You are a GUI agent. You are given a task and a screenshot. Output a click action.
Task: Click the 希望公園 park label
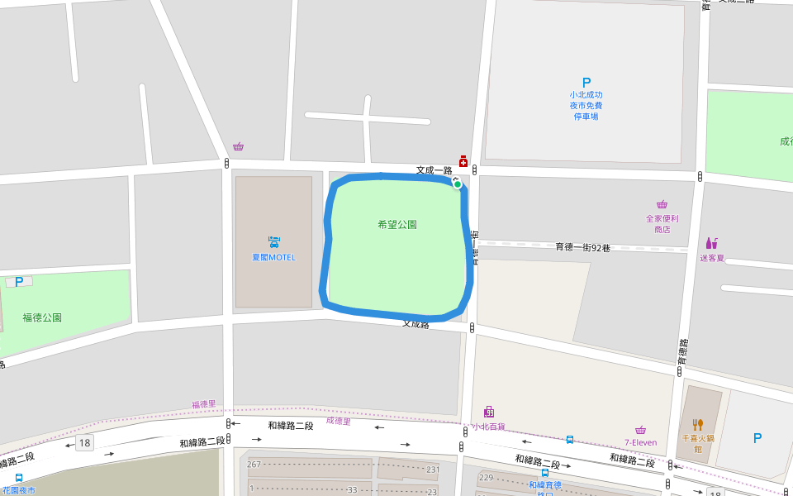coord(396,224)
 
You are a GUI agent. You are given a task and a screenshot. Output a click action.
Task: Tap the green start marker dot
coord(457,184)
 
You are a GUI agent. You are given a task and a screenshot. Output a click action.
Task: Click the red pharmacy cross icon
coord(463,160)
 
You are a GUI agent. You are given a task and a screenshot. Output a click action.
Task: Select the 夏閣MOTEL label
coord(273,257)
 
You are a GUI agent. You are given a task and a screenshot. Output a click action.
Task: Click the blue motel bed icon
coord(273,242)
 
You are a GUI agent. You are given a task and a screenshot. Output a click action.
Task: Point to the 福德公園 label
coord(42,317)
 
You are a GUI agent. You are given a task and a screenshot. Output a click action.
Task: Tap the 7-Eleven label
coord(640,442)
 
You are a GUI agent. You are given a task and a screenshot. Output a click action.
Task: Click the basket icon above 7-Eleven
coord(640,430)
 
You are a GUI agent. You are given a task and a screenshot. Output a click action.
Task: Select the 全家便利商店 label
coord(662,224)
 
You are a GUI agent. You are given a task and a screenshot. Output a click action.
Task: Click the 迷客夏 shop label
coord(711,258)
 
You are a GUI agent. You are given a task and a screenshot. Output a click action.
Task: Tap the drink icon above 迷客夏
coord(711,243)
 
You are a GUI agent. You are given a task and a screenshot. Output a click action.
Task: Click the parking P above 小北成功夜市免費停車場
coord(586,83)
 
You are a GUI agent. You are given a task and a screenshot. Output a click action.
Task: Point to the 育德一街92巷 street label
coord(582,247)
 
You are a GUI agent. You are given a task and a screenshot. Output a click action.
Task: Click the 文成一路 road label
coord(434,170)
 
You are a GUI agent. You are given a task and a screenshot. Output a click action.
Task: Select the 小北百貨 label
coord(487,427)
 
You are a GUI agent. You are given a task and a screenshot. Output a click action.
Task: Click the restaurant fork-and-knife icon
coord(697,425)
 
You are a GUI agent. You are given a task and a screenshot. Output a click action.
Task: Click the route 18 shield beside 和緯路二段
coord(84,444)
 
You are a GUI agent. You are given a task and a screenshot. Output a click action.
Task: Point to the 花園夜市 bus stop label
coord(19,490)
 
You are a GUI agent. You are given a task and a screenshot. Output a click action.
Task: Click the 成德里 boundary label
coord(339,422)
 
